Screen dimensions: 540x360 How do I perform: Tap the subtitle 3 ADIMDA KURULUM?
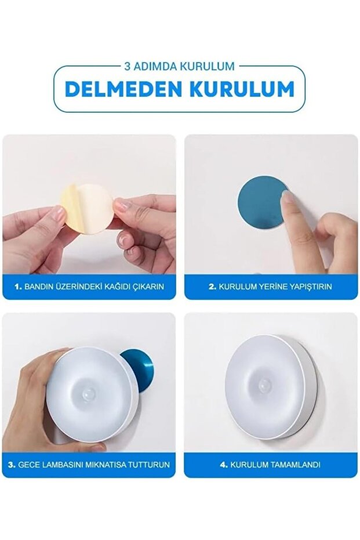[179, 66]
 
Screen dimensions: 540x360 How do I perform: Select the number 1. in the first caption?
[18, 287]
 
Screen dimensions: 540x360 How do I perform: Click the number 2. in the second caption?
[212, 287]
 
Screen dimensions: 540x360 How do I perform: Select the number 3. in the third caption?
[12, 465]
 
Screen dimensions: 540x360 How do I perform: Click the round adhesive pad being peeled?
[90, 209]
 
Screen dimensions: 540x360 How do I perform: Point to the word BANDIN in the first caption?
[39, 287]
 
